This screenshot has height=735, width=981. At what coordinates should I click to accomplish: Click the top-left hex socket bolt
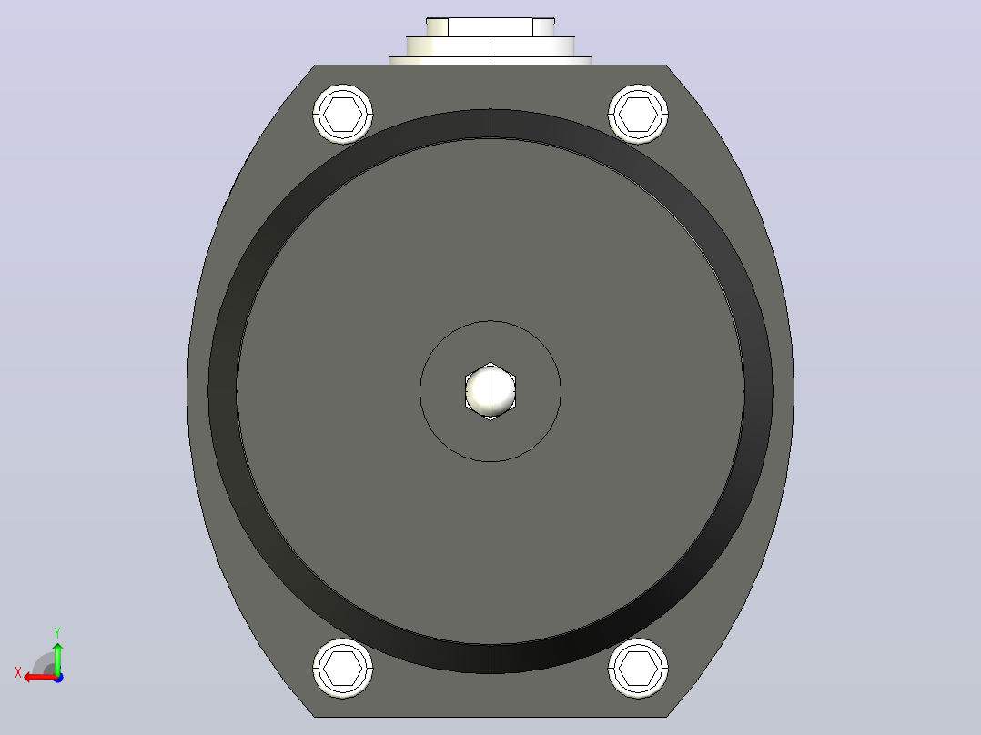click(343, 115)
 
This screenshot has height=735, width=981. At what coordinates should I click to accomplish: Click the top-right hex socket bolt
click(638, 115)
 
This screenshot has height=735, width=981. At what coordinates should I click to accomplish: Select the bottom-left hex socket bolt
click(343, 668)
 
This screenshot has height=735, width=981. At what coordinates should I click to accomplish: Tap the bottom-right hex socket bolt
click(638, 668)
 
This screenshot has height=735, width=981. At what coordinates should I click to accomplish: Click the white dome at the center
click(490, 391)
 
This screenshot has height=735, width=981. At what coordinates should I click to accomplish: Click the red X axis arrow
click(40, 678)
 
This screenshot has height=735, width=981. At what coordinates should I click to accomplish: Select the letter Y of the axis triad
click(57, 633)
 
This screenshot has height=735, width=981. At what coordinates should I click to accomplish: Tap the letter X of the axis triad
click(18, 673)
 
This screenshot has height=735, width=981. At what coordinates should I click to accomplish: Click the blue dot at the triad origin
click(58, 678)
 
